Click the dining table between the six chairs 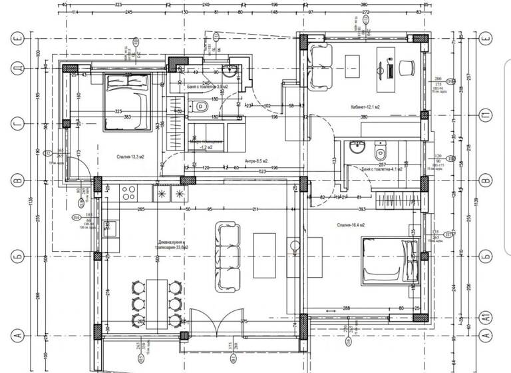pyautogui.click(x=157, y=303)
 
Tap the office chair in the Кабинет pyautogui.click(x=407, y=65)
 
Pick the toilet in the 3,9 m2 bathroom pyautogui.click(x=202, y=106)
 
